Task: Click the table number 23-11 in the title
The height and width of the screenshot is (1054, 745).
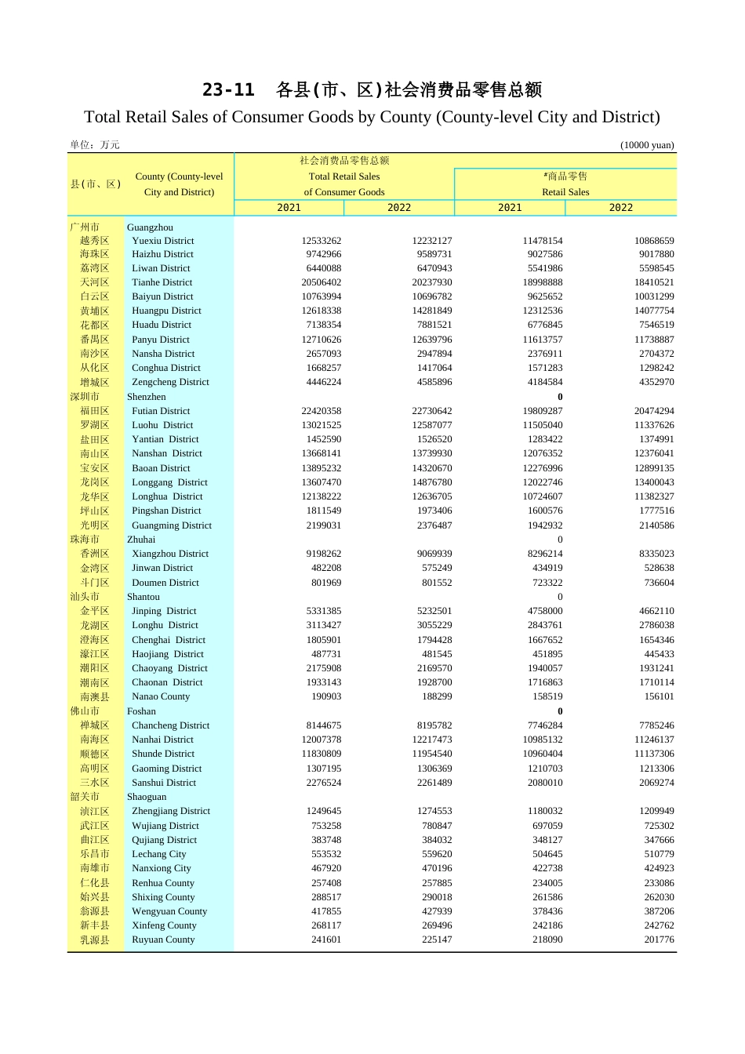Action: (x=228, y=90)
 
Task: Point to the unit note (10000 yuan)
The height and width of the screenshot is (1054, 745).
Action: (x=647, y=145)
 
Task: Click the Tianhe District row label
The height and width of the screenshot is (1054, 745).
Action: (x=162, y=282)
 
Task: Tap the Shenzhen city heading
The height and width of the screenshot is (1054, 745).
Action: (x=146, y=397)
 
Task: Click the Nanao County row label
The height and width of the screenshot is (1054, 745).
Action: (x=161, y=696)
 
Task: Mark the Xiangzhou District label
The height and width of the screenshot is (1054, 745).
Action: (x=170, y=554)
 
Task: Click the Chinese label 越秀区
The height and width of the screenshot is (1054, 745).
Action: (x=94, y=241)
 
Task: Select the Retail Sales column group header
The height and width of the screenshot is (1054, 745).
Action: (x=565, y=192)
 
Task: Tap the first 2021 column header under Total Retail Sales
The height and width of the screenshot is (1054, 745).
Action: (x=289, y=208)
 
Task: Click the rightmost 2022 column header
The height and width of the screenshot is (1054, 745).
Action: (x=620, y=208)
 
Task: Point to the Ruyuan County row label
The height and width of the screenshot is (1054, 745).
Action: (x=163, y=940)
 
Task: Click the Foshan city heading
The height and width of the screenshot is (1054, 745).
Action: (x=141, y=711)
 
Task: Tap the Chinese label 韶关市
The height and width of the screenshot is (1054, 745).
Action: (x=85, y=797)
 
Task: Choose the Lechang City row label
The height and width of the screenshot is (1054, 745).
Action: (x=158, y=854)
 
